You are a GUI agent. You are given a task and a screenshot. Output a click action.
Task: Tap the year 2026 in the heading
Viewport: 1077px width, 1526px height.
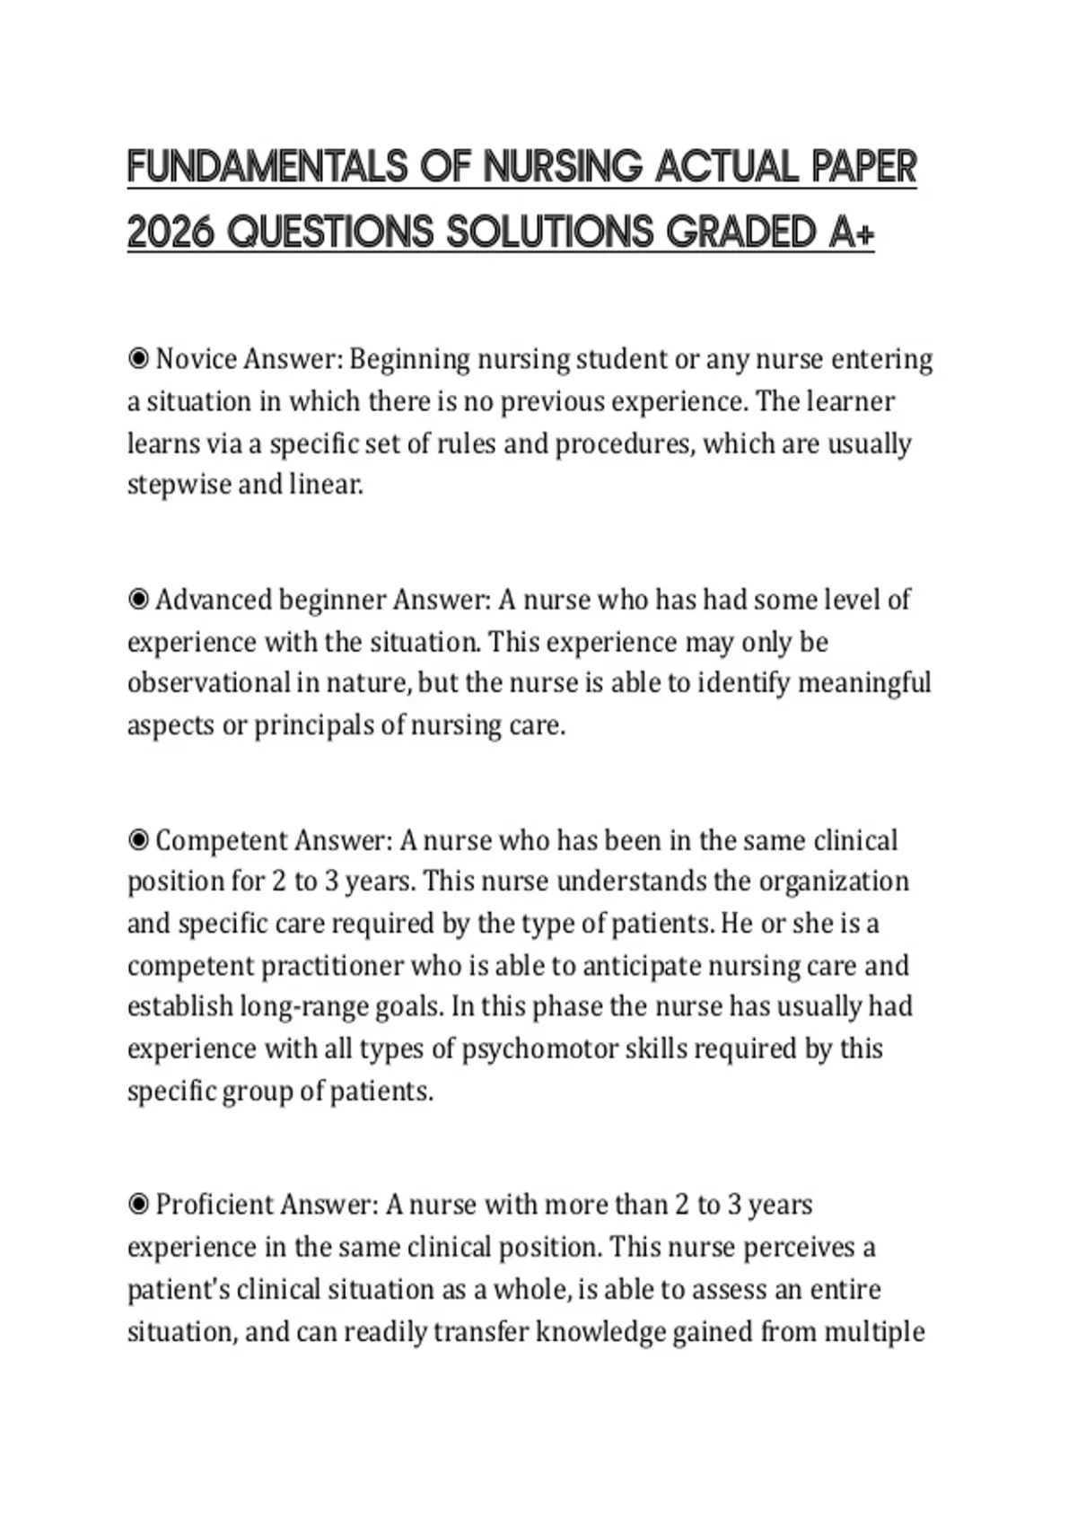[x=171, y=232]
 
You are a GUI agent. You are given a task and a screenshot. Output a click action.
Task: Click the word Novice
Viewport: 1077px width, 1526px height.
[x=197, y=359]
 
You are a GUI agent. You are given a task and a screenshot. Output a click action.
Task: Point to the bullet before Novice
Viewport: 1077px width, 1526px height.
[x=138, y=359]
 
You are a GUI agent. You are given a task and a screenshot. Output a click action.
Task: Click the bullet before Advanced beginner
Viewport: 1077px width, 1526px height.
[x=138, y=600]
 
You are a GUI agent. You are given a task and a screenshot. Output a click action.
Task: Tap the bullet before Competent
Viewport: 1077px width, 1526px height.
[x=138, y=840]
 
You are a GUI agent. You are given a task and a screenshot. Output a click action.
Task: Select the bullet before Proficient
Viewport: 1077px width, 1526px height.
[x=138, y=1205]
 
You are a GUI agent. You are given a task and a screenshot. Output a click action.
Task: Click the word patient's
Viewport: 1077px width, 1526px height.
[x=179, y=1290]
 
